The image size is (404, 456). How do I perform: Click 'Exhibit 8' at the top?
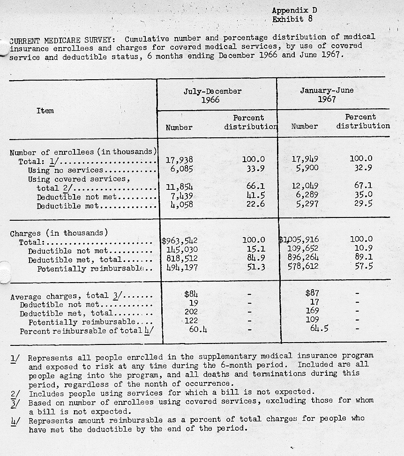pos(292,19)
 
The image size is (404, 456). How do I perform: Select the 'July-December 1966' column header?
pos(212,95)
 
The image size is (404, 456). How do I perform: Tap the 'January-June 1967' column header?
pos(327,95)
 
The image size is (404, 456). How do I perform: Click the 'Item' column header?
pos(45,111)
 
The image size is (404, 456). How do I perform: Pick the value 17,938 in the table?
pos(180,159)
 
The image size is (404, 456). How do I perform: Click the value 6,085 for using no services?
pos(180,168)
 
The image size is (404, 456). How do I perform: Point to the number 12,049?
pos(305,187)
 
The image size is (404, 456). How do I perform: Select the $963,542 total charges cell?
pos(180,241)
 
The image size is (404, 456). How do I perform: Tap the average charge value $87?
pos(312,293)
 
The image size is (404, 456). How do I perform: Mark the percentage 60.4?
pos(198,330)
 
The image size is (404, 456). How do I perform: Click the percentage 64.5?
pos(319,328)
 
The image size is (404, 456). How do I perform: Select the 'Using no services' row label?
pos(66,170)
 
